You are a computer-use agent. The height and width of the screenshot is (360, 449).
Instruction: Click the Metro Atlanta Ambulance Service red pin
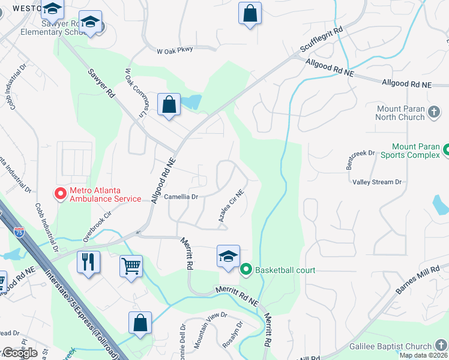pyautogui.click(x=60, y=193)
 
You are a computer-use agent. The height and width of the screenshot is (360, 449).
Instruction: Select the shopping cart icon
pyautogui.click(x=131, y=266)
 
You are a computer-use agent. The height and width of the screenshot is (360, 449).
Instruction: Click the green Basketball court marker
pyautogui.click(x=246, y=270)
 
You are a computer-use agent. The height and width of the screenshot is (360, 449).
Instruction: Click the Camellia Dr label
pyautogui.click(x=181, y=196)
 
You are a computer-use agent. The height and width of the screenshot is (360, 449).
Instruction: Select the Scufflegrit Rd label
pyautogui.click(x=322, y=40)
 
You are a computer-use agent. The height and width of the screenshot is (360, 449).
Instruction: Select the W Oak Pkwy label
pyautogui.click(x=175, y=49)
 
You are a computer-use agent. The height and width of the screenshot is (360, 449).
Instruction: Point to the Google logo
pyautogui.click(x=19, y=353)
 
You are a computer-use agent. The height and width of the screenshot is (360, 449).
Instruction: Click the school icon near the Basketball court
pyautogui.click(x=228, y=256)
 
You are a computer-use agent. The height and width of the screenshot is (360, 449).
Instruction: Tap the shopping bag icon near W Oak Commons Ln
pyautogui.click(x=169, y=104)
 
